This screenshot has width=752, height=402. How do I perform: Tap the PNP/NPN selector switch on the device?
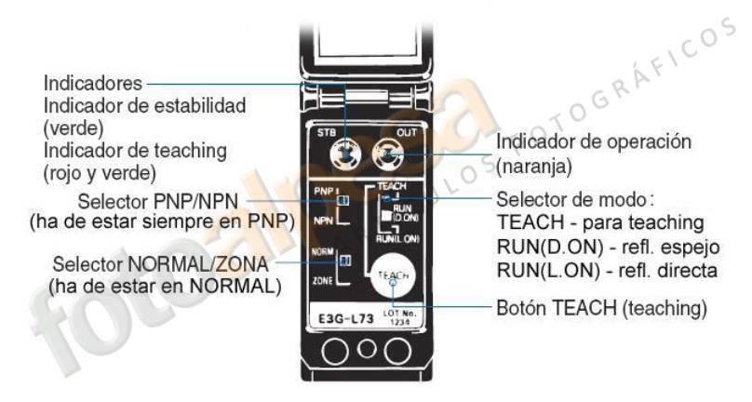tap(343, 199)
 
